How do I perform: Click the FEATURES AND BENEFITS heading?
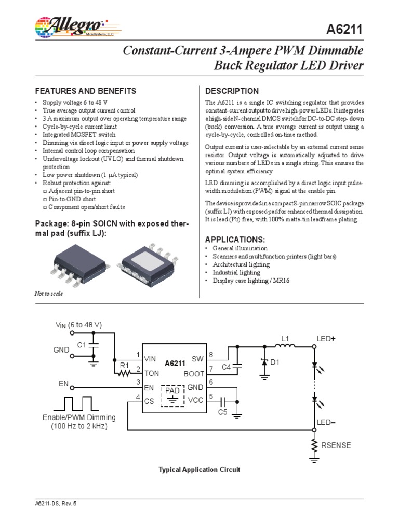(x=85, y=91)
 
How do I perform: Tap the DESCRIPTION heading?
(x=232, y=91)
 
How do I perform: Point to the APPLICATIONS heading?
(x=235, y=240)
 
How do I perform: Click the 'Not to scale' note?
(x=48, y=294)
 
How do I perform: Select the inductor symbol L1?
(x=285, y=347)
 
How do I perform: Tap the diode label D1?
(x=275, y=362)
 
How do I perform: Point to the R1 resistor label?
(x=124, y=365)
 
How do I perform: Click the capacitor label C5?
(x=222, y=412)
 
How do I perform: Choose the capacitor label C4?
(x=226, y=367)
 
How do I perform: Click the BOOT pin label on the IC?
(x=193, y=373)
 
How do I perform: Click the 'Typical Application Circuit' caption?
(x=199, y=470)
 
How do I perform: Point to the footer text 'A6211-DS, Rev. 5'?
(x=55, y=504)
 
